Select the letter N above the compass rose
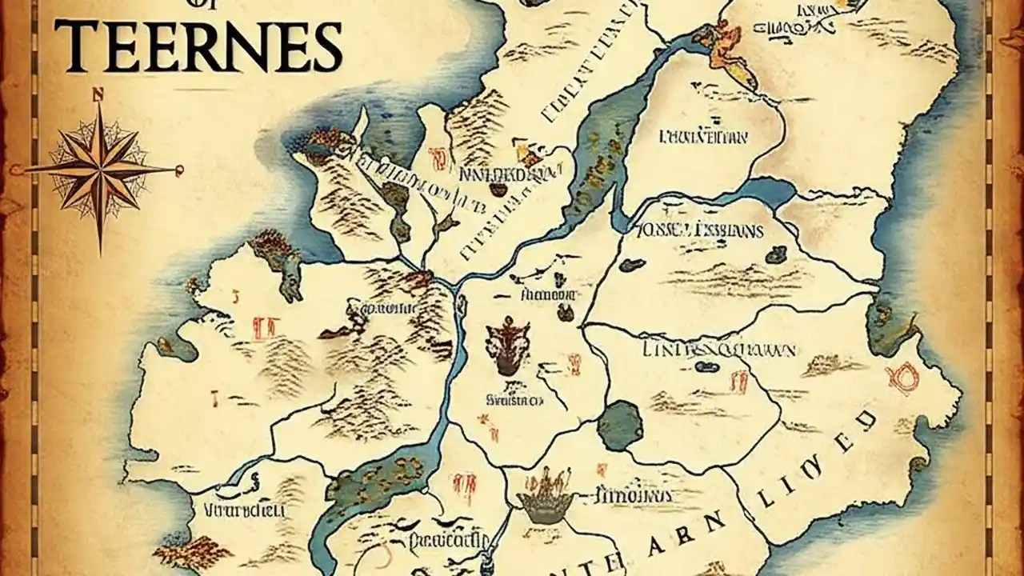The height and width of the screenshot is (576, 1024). click(99, 94)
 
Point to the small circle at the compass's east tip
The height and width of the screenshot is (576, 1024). click(180, 169)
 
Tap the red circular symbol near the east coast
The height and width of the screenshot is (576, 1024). click(906, 377)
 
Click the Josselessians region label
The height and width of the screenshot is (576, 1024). click(698, 231)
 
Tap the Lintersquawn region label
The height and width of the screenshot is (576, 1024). click(718, 350)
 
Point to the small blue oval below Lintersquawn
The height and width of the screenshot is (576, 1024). click(706, 367)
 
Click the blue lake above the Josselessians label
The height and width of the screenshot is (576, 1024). click(766, 191)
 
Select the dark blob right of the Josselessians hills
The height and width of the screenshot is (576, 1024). click(775, 255)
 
